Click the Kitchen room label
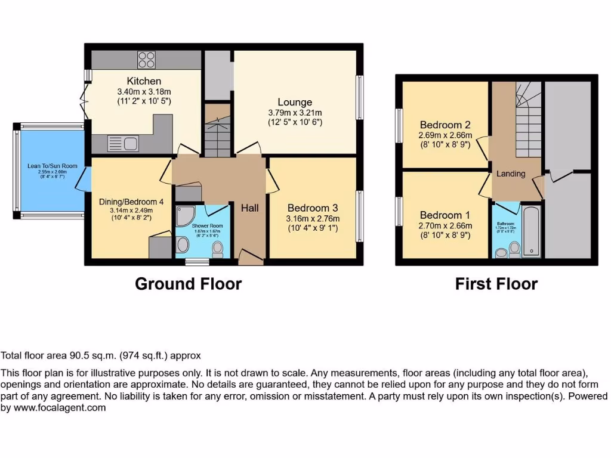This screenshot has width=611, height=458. click(x=143, y=81)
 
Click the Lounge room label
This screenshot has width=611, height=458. click(x=295, y=103)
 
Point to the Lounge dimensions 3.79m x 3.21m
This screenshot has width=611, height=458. click(x=295, y=113)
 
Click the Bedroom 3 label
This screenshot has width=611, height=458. click(x=313, y=208)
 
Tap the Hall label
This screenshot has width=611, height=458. click(x=249, y=208)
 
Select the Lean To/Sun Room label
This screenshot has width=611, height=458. click(x=45, y=166)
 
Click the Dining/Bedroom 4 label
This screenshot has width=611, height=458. click(x=131, y=202)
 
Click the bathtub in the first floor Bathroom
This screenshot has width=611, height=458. click(x=531, y=232)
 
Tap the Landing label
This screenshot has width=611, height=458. click(x=511, y=174)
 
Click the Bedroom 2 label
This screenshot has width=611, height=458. click(x=445, y=125)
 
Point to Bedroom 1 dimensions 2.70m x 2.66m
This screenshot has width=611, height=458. click(x=445, y=225)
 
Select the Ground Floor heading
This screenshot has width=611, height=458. click(x=188, y=283)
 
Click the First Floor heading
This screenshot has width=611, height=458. click(x=496, y=284)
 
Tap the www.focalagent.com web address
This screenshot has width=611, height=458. click(x=60, y=408)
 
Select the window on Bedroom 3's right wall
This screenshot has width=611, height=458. click(x=359, y=216)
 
